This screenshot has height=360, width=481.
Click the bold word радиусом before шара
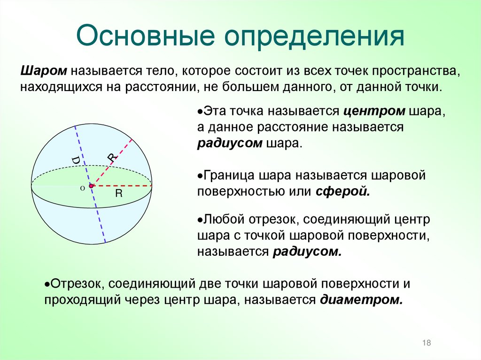[229, 143]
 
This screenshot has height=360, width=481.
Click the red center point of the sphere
[91, 186]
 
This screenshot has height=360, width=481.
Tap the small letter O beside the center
[82, 188]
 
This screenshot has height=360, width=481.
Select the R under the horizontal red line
[119, 193]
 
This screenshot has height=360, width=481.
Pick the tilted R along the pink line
[111, 159]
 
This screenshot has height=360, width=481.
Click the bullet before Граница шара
[200, 176]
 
